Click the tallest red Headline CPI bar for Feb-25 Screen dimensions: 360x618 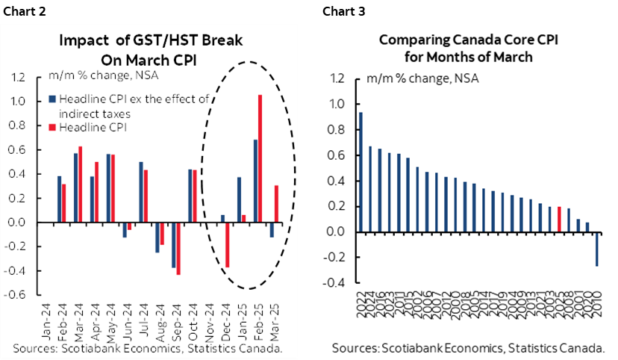pyautogui.click(x=260, y=158)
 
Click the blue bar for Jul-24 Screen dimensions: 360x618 pyautogui.click(x=140, y=192)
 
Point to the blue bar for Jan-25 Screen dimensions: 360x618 pyautogui.click(x=239, y=199)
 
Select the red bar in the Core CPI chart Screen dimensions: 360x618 pyautogui.click(x=559, y=219)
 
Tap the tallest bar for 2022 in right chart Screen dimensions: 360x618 pyautogui.click(x=361, y=172)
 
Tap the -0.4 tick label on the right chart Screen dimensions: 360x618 pyautogui.click(x=337, y=283)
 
